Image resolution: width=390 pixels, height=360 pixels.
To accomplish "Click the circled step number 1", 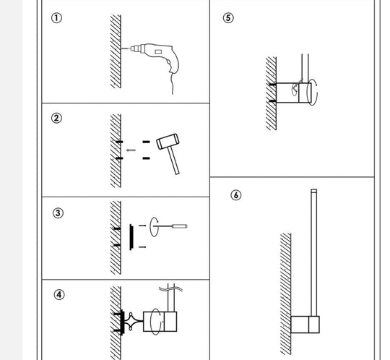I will (x=56, y=19).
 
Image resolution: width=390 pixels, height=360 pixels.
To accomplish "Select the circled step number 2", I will (x=56, y=118).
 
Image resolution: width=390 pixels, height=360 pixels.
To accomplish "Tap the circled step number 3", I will (x=58, y=213).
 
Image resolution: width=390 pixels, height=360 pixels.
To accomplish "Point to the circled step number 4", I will (x=59, y=294).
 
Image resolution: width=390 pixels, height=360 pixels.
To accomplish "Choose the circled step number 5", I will (x=228, y=18).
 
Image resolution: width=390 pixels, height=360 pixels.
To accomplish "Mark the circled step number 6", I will (x=236, y=195).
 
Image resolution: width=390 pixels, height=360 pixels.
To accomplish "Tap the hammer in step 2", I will (x=170, y=150).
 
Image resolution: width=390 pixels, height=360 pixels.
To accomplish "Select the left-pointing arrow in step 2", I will (x=131, y=150).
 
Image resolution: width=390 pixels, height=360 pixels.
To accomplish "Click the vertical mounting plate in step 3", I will (x=131, y=236).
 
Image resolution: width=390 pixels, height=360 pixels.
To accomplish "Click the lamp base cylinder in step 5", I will (x=297, y=93).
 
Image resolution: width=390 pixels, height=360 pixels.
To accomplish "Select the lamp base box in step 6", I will (x=304, y=325).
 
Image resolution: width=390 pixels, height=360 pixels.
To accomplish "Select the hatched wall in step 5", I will (x=272, y=93).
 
